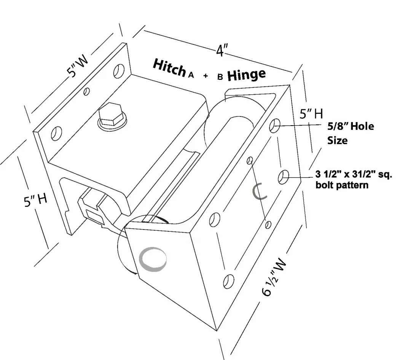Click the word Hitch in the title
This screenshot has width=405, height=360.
point(170,68)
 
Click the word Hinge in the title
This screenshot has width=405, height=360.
point(246,75)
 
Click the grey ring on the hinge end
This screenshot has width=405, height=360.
point(153,260)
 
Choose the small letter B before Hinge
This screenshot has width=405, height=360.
point(220,77)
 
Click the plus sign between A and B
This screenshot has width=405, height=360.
point(206,76)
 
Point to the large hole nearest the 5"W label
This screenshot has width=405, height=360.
point(120,71)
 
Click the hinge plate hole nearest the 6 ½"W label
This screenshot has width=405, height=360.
point(228,280)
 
